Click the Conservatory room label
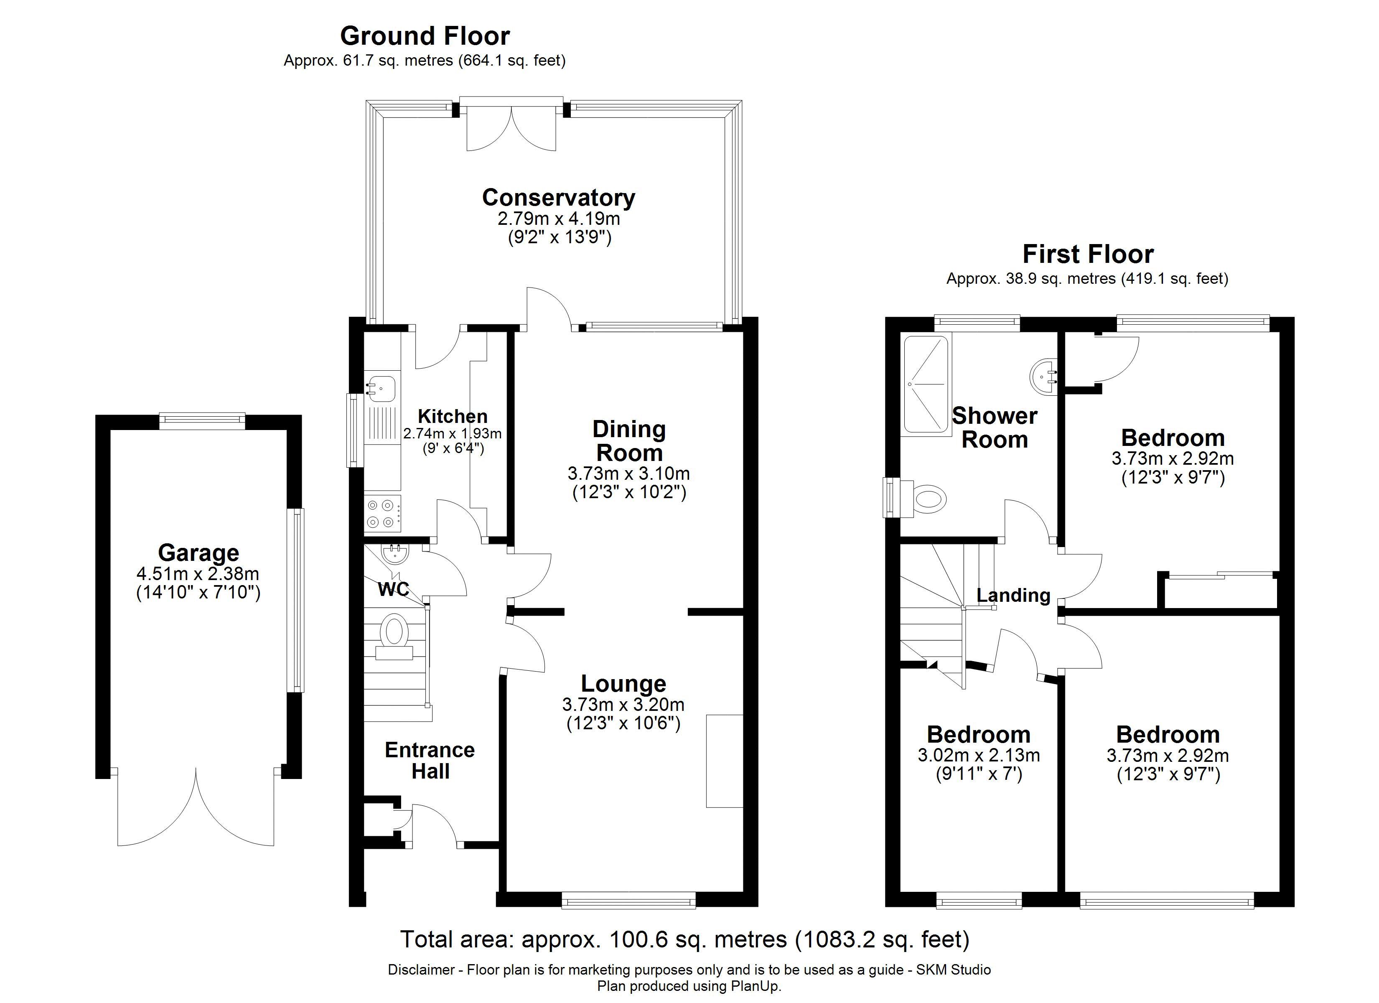tap(558, 198)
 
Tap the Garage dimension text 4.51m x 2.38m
tap(198, 573)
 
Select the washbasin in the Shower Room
tap(1045, 376)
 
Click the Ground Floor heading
tap(425, 36)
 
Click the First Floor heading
tap(1088, 254)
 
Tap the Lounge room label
tap(623, 684)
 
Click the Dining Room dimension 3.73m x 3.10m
tap(628, 473)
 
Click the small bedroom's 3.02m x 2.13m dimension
tap(978, 756)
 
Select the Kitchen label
tap(453, 417)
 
